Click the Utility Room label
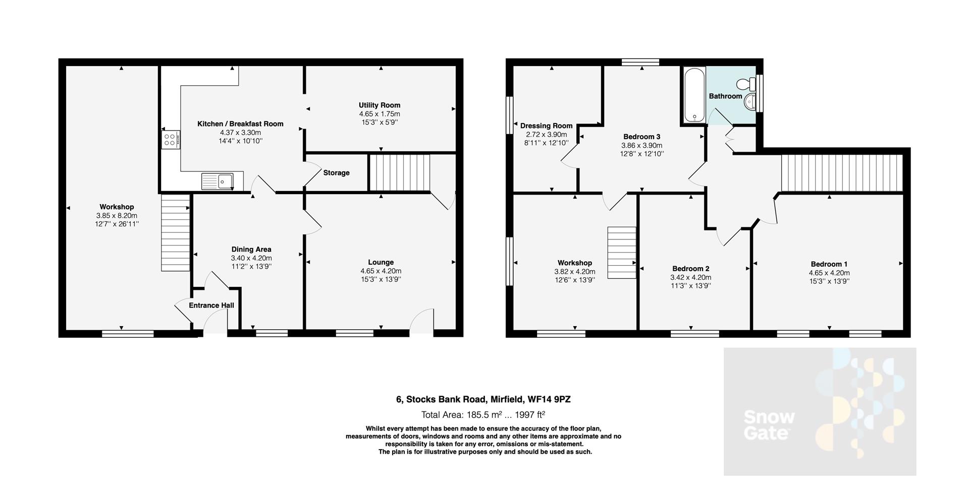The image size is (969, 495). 380,105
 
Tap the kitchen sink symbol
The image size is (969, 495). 218,181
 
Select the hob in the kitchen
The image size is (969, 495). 169,139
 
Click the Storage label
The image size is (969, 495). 336,173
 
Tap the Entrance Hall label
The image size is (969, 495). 211,305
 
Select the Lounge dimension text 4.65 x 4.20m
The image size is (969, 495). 381,271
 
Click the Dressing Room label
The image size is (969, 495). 546,126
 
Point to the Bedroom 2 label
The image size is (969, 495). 690,269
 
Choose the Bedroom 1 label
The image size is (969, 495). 829,264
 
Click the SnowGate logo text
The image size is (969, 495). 769,425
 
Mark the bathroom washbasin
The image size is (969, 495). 750,102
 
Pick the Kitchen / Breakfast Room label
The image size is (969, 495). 240,124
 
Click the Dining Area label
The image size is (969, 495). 251,250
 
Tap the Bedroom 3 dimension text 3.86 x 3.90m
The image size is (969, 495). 641,145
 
